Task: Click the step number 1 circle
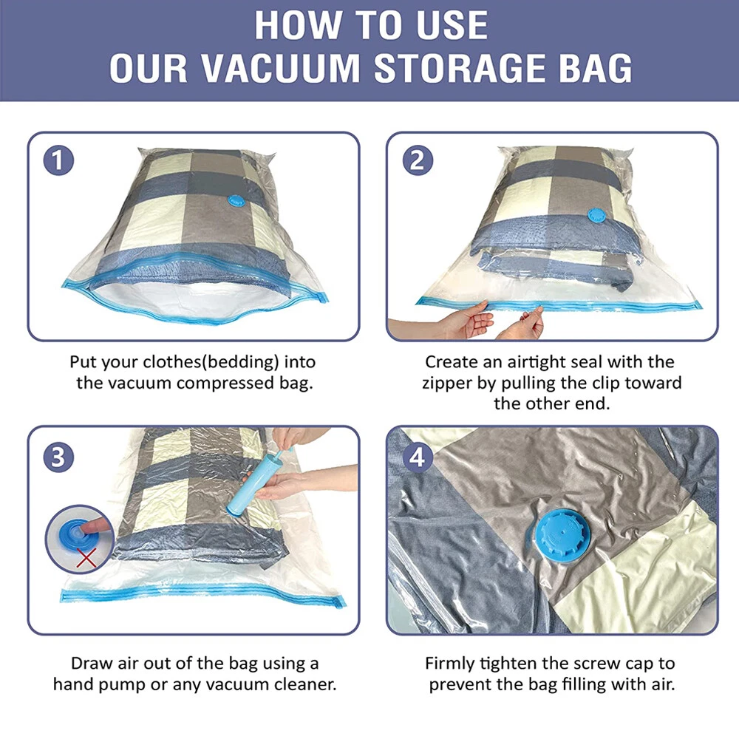click(58, 160)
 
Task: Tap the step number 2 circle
click(418, 160)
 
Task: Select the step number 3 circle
click(58, 457)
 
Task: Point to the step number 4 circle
click(418, 457)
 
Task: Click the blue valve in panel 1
click(236, 201)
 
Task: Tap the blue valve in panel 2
click(596, 215)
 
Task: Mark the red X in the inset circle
click(86, 558)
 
